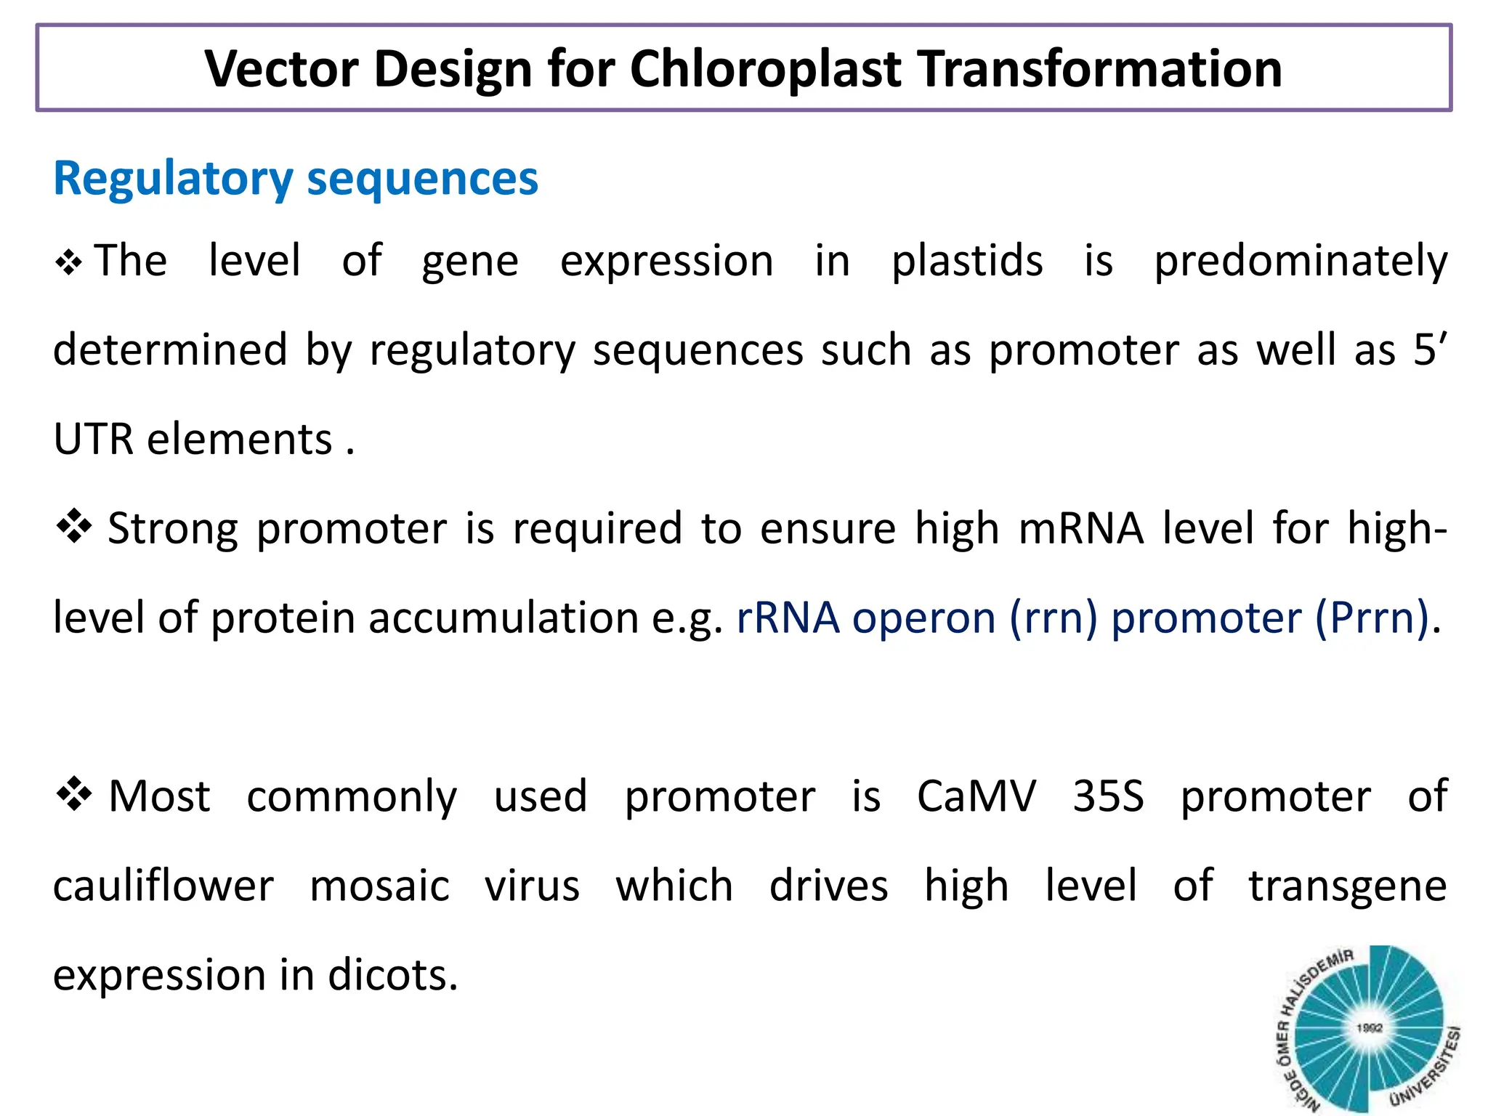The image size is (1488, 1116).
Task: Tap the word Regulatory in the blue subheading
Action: (173, 179)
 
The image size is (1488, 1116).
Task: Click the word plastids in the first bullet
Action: (967, 262)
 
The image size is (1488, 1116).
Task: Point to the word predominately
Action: (1301, 262)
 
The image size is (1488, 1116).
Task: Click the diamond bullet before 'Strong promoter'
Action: (74, 527)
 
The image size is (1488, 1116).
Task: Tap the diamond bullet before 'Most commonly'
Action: (74, 794)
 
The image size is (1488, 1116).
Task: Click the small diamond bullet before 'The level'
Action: (68, 262)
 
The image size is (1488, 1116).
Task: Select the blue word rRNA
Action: (788, 618)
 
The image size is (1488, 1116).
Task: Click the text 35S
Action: (1108, 796)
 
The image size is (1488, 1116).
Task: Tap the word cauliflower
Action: (163, 886)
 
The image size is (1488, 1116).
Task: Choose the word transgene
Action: (1348, 887)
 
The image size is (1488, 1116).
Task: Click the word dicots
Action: (392, 975)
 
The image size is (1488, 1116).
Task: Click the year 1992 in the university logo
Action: (1369, 1027)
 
